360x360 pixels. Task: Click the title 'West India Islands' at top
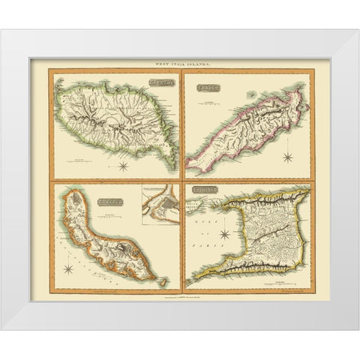[180, 59]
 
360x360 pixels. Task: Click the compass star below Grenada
[122, 166]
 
